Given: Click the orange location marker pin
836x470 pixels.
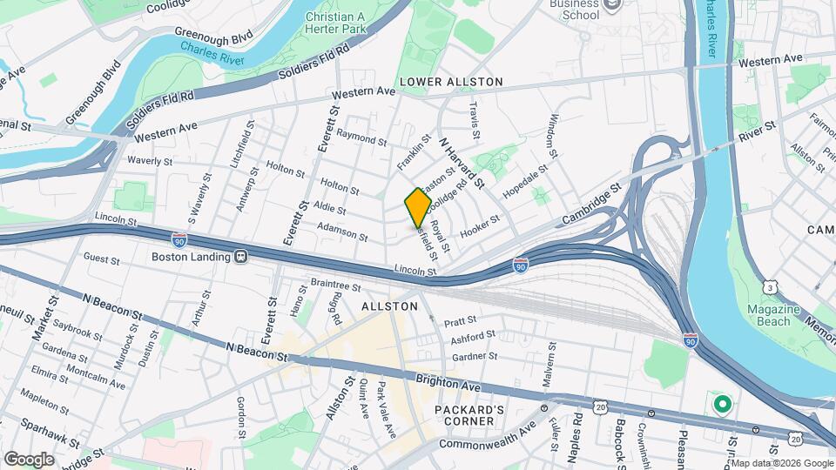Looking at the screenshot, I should click(418, 208).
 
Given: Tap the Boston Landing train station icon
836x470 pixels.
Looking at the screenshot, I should click(240, 257).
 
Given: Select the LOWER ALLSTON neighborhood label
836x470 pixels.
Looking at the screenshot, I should click(451, 82).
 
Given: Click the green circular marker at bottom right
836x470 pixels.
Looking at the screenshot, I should click(721, 404).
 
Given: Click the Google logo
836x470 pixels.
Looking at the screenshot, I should click(29, 459).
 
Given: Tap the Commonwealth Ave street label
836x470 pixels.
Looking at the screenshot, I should click(489, 444).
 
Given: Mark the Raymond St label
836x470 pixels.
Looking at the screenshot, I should click(361, 138).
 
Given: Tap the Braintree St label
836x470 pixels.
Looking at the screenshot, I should click(335, 285).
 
